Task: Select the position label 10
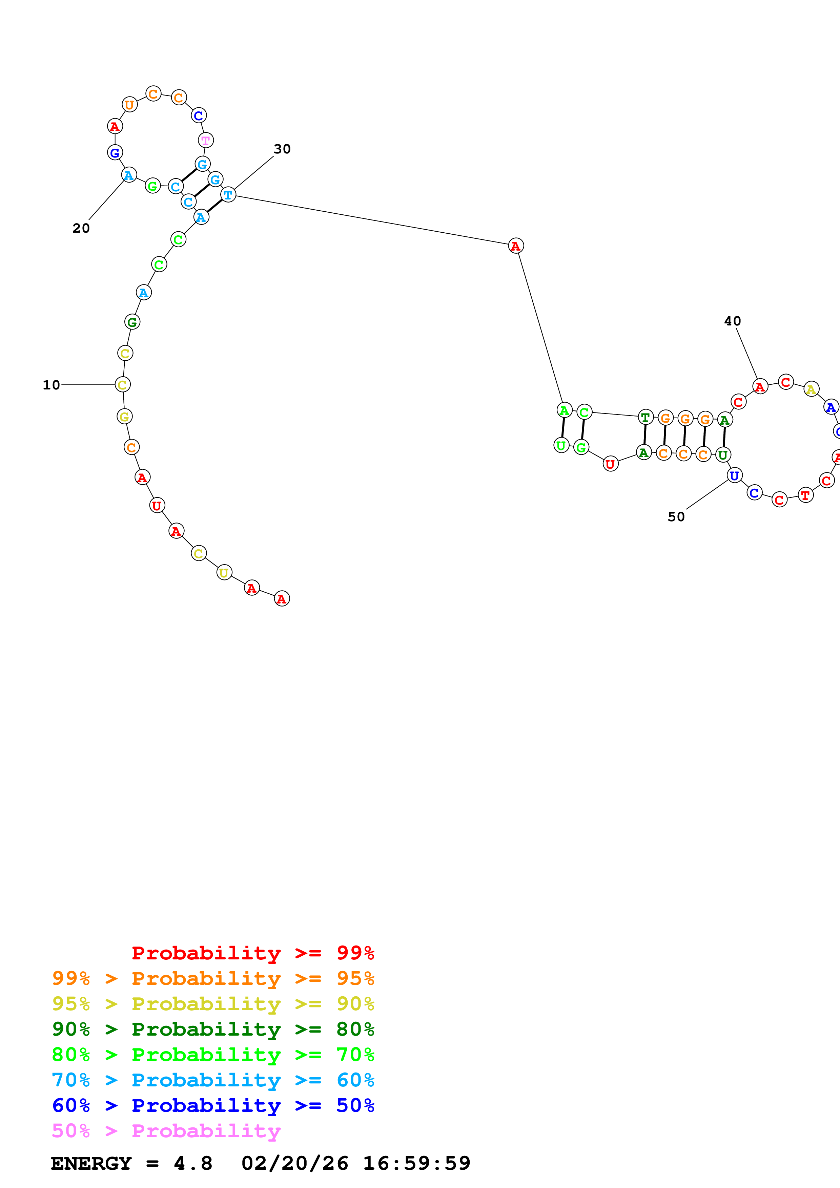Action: [x=51, y=385]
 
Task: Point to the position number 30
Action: [x=282, y=149]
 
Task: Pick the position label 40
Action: [x=732, y=321]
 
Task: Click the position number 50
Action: [x=676, y=517]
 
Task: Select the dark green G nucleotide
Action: [x=132, y=322]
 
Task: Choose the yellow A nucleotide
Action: [x=811, y=389]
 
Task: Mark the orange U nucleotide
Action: [x=129, y=105]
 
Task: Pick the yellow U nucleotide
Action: [x=224, y=573]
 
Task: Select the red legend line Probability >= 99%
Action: [x=252, y=953]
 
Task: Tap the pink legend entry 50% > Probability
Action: [x=166, y=1131]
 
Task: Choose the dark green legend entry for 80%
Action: [x=213, y=1029]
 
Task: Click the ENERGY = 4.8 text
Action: [x=131, y=1164]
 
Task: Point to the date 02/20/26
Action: [x=295, y=1164]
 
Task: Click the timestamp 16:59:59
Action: [x=417, y=1164]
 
